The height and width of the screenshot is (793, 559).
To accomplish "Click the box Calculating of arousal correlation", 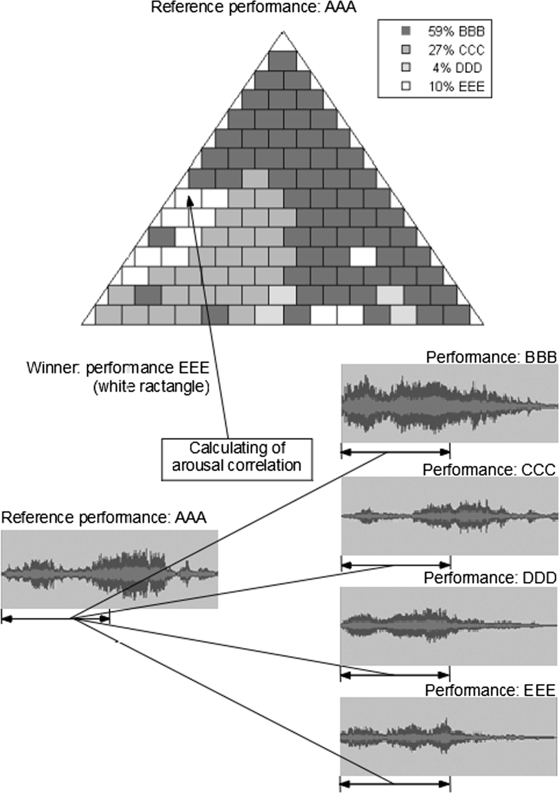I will (236, 457).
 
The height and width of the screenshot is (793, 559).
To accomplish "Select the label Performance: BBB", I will (491, 357).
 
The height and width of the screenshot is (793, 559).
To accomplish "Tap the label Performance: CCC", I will (489, 469).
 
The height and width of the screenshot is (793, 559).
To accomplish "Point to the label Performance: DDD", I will (490, 578).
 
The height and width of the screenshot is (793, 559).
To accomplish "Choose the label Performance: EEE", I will (490, 690).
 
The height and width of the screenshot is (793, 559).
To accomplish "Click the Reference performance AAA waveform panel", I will (109, 569).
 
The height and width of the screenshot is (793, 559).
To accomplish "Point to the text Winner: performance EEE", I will (118, 368).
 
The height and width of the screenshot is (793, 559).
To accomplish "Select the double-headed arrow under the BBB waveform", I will (395, 452).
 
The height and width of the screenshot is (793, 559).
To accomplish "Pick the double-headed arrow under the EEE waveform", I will (395, 784).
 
